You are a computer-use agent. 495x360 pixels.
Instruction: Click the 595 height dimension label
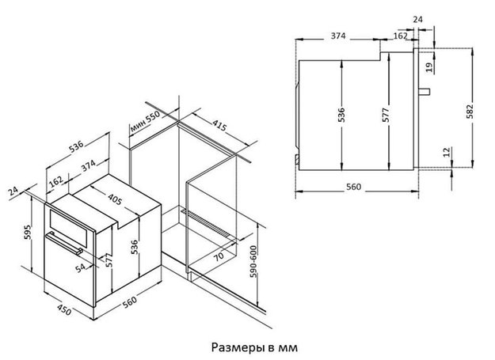pyautogui.click(x=29, y=232)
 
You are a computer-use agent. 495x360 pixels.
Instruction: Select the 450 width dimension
pyautogui.click(x=64, y=309)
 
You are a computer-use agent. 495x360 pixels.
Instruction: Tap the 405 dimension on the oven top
pyautogui.click(x=114, y=199)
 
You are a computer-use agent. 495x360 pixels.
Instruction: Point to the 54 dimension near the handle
pyautogui.click(x=80, y=267)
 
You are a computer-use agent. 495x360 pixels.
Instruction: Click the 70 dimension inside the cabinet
pyautogui.click(x=219, y=256)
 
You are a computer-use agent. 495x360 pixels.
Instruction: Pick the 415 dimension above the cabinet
pyautogui.click(x=219, y=125)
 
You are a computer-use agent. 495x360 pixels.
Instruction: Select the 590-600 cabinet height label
pyautogui.click(x=253, y=262)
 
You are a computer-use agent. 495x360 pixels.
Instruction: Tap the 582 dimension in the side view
pyautogui.click(x=470, y=112)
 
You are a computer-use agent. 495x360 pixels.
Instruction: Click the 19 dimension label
pyautogui.click(x=429, y=67)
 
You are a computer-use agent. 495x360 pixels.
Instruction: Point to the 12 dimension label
pyautogui.click(x=447, y=152)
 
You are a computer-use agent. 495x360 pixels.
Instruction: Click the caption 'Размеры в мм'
pyautogui.click(x=254, y=347)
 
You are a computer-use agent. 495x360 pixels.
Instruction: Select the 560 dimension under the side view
pyautogui.click(x=353, y=187)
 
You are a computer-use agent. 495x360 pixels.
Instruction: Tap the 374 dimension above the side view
pyautogui.click(x=338, y=36)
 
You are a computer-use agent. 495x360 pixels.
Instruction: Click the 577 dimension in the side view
pyautogui.click(x=386, y=115)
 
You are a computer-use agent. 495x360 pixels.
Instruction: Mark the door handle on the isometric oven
pyautogui.click(x=64, y=243)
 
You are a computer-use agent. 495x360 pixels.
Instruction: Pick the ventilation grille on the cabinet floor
pyautogui.click(x=207, y=222)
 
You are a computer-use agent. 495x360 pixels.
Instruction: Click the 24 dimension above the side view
pyautogui.click(x=417, y=20)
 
